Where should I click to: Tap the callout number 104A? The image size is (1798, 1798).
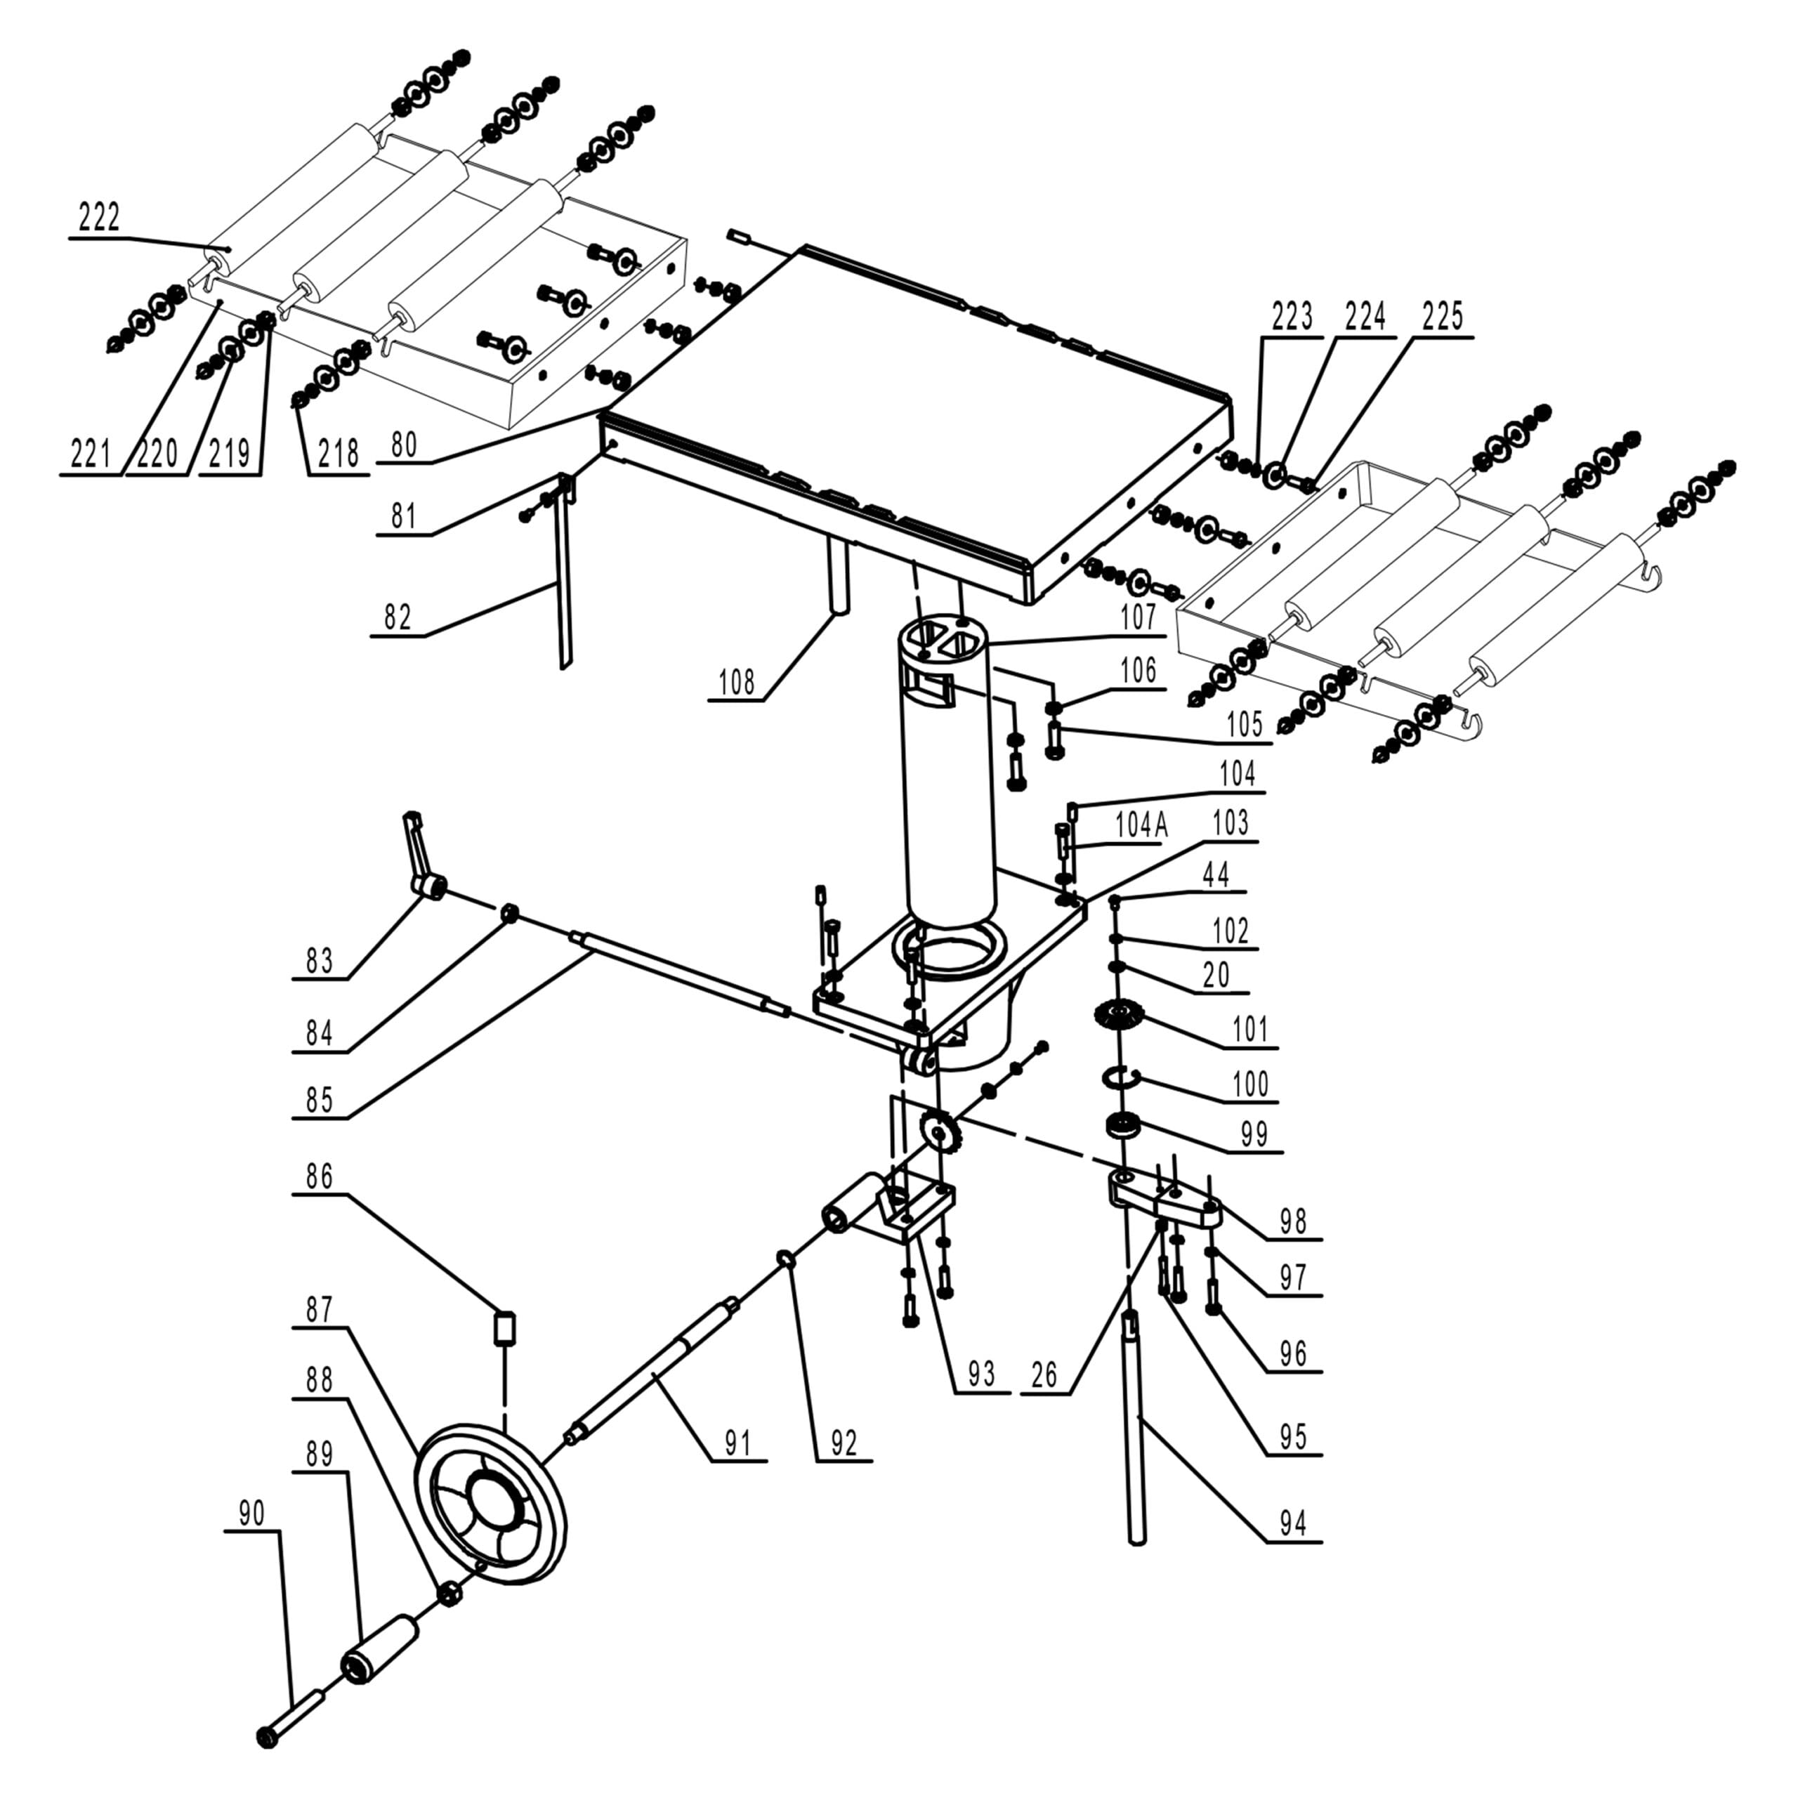click(1141, 825)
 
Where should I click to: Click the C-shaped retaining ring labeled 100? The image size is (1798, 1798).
click(1120, 1077)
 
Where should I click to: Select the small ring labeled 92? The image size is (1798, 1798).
click(785, 1259)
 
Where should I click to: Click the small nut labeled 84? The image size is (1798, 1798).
click(509, 913)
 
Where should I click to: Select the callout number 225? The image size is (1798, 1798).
click(1442, 317)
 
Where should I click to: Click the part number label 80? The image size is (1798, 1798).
click(404, 445)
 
